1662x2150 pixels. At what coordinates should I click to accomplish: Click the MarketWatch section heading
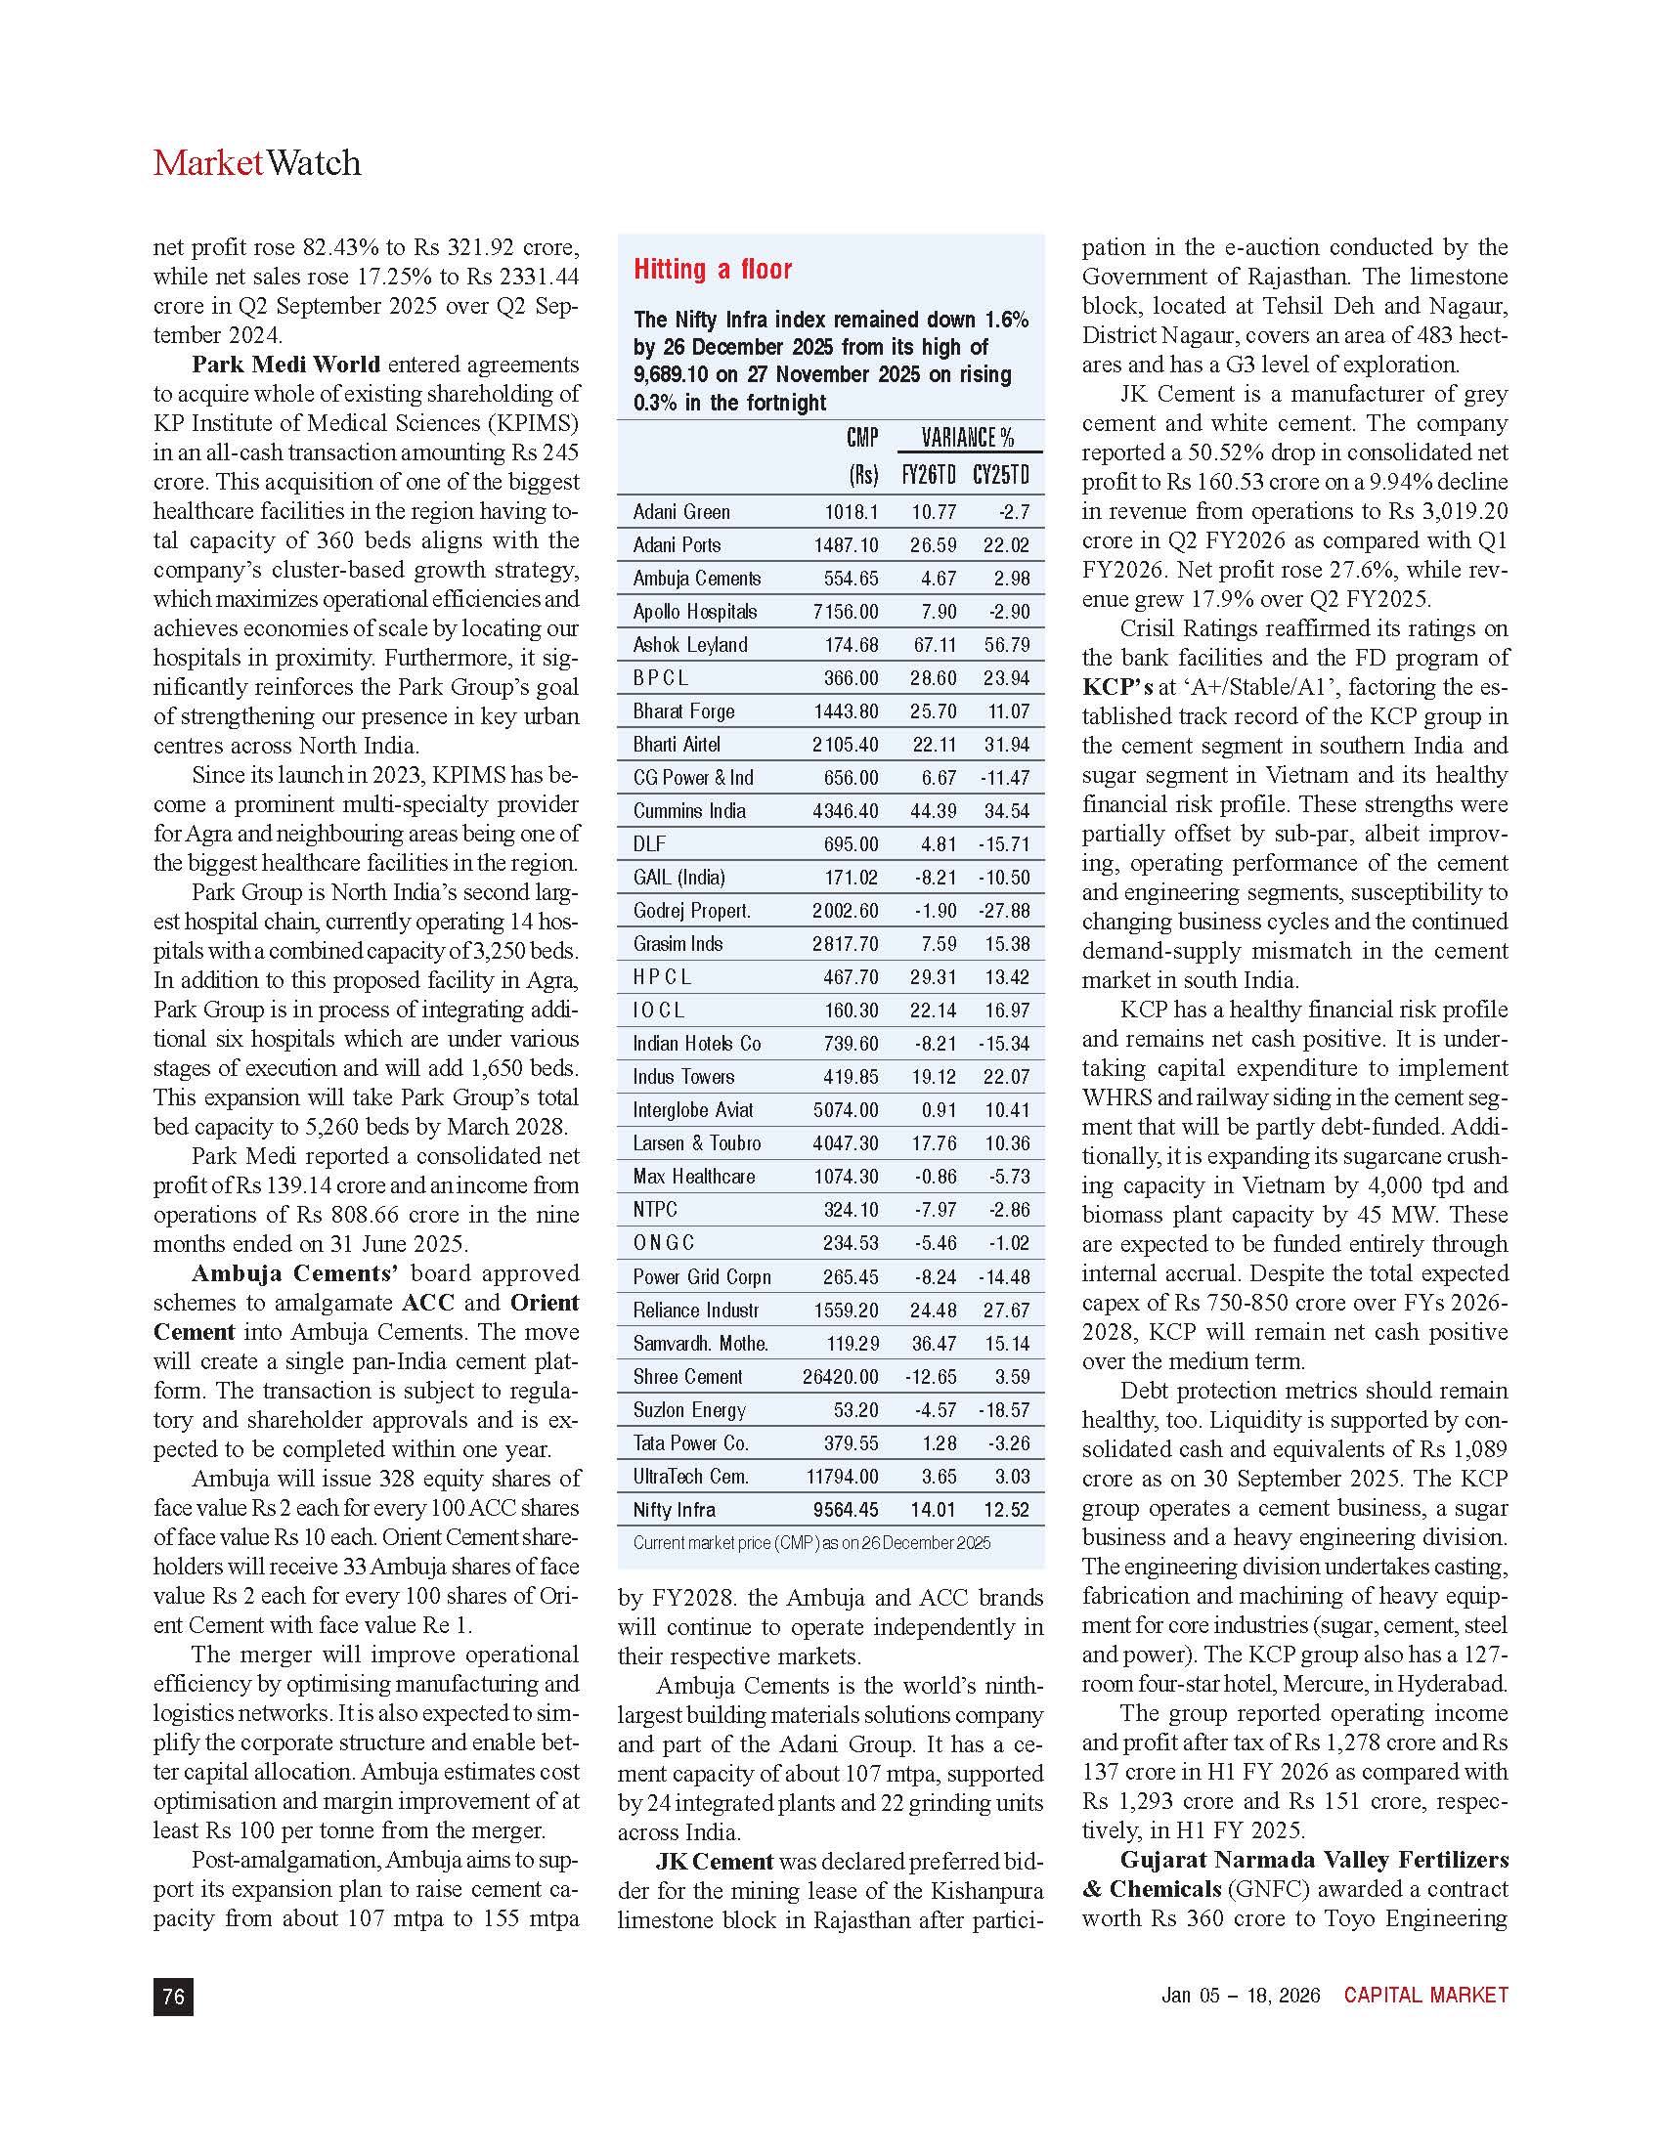(x=257, y=162)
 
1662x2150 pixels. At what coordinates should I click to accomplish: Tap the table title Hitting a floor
(x=712, y=270)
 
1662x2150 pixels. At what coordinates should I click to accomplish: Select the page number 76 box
(x=173, y=1996)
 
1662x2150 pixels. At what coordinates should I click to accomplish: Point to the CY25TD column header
(x=1000, y=476)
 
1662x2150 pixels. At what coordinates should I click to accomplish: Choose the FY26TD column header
(x=929, y=476)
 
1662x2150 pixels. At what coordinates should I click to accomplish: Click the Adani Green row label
(x=681, y=512)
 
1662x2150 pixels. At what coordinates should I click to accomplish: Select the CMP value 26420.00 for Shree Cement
(x=840, y=1376)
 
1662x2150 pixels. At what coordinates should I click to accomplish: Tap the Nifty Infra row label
(x=675, y=1509)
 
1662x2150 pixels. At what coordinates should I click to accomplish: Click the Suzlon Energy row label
(x=689, y=1409)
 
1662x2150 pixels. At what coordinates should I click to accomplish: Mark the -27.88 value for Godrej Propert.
(x=1004, y=911)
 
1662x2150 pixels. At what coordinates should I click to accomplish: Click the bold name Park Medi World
(x=285, y=365)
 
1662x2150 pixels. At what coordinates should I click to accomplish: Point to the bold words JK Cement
(x=714, y=1862)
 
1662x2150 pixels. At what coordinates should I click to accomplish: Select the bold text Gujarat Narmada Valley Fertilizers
(x=1313, y=1860)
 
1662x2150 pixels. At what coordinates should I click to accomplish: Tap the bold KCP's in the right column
(x=1117, y=687)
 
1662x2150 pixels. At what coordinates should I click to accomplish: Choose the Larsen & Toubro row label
(x=697, y=1143)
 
